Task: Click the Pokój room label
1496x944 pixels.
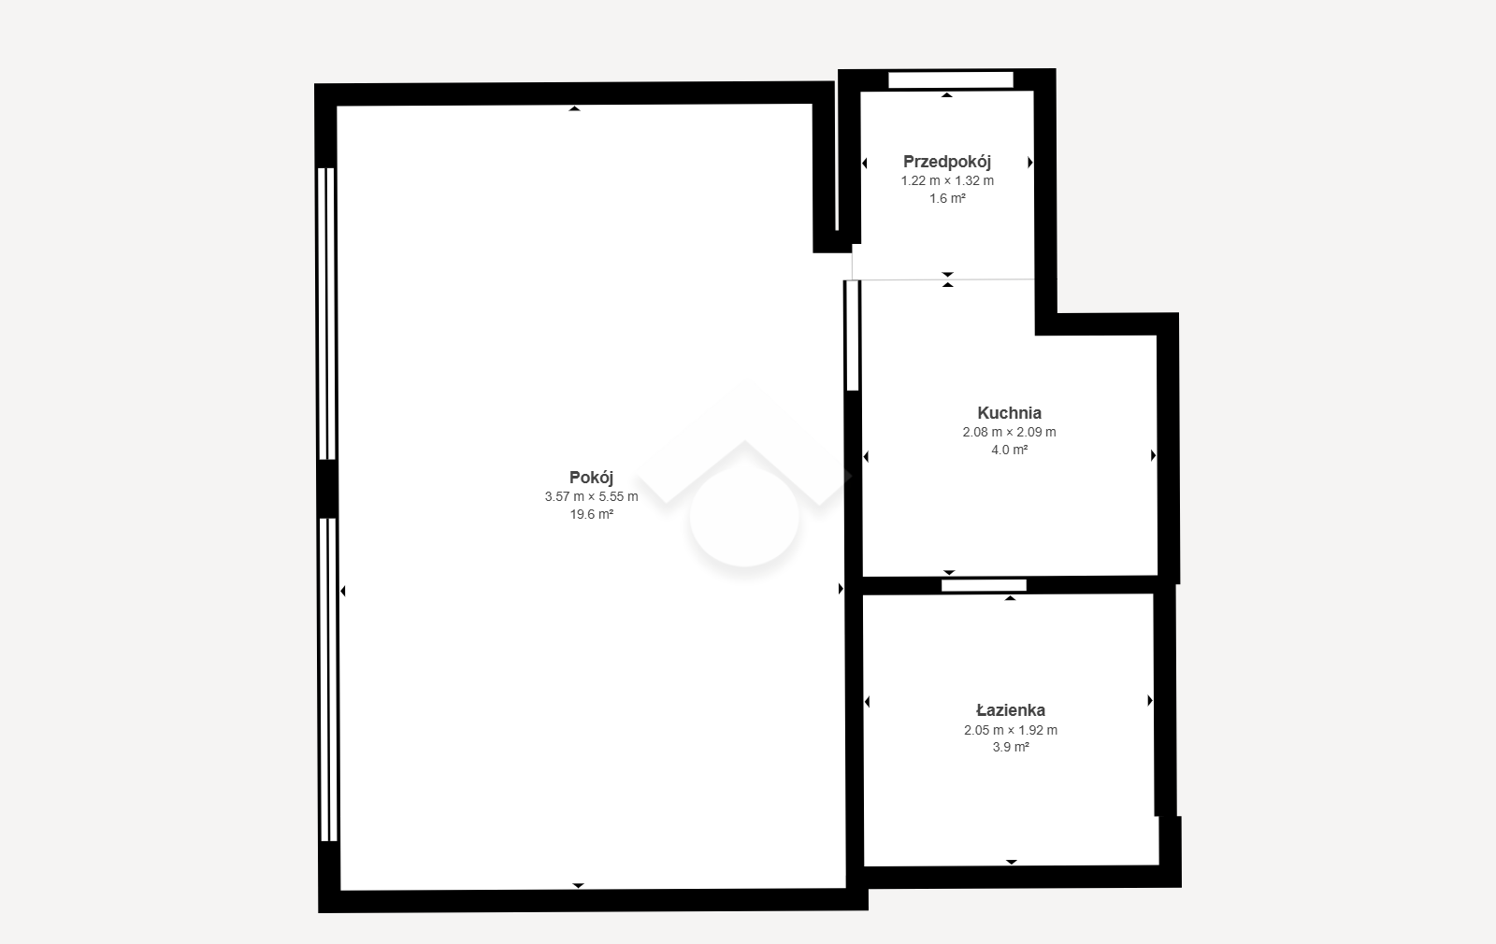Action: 591,478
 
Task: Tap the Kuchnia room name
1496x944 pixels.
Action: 1009,413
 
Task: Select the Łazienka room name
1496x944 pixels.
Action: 1011,710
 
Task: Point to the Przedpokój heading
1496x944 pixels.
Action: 947,162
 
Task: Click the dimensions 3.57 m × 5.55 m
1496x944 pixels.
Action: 591,496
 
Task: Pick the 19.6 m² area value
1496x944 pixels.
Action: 591,514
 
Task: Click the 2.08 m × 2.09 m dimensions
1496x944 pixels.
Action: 1009,432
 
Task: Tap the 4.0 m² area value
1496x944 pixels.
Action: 1009,450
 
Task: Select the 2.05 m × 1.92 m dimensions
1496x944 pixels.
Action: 1011,730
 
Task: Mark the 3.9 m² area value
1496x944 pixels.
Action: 1011,747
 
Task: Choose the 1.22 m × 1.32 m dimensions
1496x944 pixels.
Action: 947,181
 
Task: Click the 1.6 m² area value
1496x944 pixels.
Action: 947,198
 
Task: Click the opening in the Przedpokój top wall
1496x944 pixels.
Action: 950,80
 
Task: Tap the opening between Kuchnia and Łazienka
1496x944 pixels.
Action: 984,585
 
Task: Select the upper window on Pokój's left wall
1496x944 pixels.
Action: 326,313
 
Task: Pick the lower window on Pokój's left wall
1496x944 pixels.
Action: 328,679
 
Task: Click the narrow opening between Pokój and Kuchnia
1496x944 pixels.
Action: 852,336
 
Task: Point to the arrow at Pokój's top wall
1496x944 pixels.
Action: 574,108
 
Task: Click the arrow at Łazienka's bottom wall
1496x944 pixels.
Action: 1012,862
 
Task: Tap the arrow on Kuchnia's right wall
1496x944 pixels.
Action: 1154,455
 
